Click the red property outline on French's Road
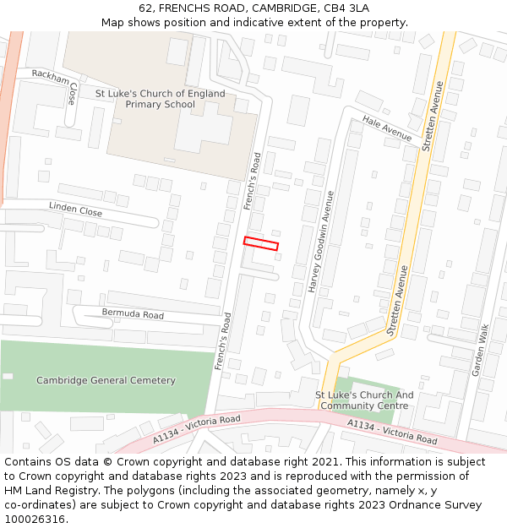tap(261, 243)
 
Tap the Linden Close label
tap(75, 209)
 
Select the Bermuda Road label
tap(133, 314)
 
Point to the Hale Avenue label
tap(387, 128)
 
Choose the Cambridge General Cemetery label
tap(106, 380)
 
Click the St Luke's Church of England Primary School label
tap(160, 99)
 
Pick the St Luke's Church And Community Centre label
tap(364, 400)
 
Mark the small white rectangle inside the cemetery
tap(8, 376)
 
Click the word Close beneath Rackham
tap(74, 92)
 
